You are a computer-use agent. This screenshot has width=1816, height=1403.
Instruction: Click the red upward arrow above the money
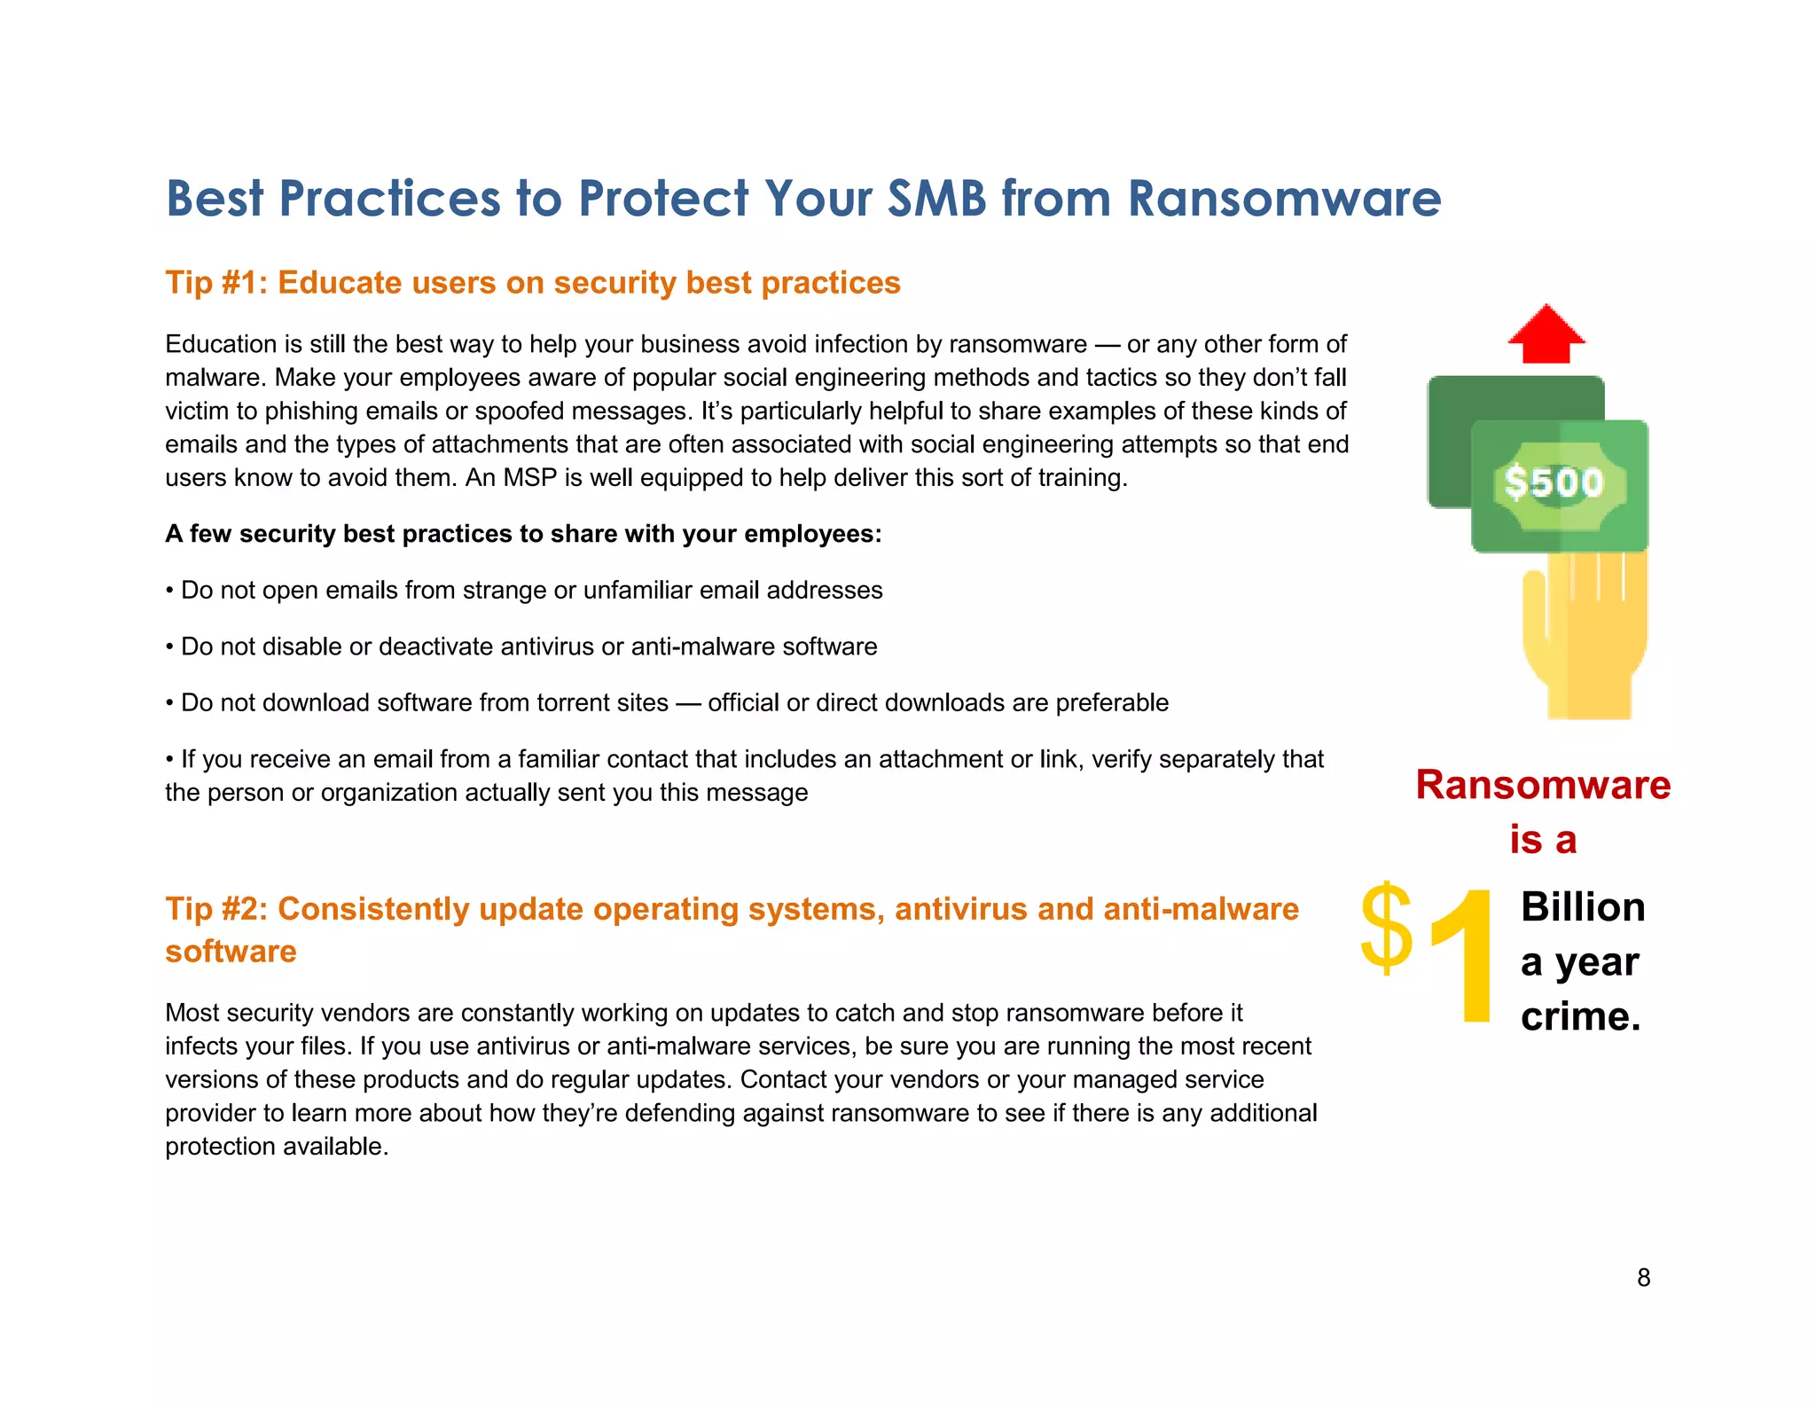(1546, 334)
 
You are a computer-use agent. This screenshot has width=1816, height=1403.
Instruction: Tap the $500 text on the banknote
(1554, 483)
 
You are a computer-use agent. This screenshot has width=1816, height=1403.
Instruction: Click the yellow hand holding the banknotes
(1585, 634)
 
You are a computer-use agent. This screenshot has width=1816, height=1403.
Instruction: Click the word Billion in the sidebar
(1583, 907)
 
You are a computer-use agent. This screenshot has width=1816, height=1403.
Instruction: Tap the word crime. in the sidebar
(1580, 1016)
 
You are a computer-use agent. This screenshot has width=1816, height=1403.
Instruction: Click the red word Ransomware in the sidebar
(1543, 785)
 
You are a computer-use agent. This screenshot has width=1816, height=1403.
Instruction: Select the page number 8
(1643, 1278)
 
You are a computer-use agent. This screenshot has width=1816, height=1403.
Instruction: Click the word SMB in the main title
(936, 198)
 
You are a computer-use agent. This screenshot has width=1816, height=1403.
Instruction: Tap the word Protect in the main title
(663, 198)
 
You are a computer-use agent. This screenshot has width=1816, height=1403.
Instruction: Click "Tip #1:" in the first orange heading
(216, 283)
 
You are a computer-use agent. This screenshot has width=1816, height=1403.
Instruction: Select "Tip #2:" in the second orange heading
(216, 909)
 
